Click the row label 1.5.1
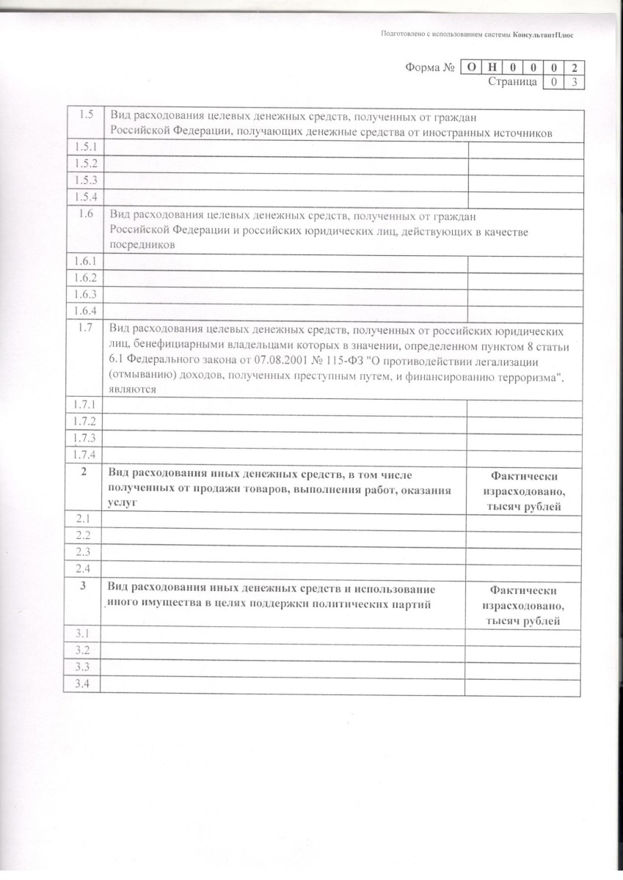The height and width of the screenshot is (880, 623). coord(87,147)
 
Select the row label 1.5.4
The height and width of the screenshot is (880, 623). coord(87,197)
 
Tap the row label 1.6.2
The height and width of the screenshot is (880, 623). coord(86,278)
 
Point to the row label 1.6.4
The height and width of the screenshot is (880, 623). coord(86,311)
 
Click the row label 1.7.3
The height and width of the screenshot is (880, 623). coord(85,438)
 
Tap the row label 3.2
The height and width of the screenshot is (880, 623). coord(82,650)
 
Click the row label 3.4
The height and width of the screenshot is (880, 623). coord(82,684)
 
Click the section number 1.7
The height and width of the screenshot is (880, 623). coord(85,328)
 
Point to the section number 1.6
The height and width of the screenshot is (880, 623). coord(86,214)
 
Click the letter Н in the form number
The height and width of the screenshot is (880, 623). coord(492,67)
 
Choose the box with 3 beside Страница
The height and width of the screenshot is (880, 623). coord(575,82)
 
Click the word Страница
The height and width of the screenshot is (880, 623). coord(512,82)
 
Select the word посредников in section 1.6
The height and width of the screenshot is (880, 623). coord(142,246)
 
